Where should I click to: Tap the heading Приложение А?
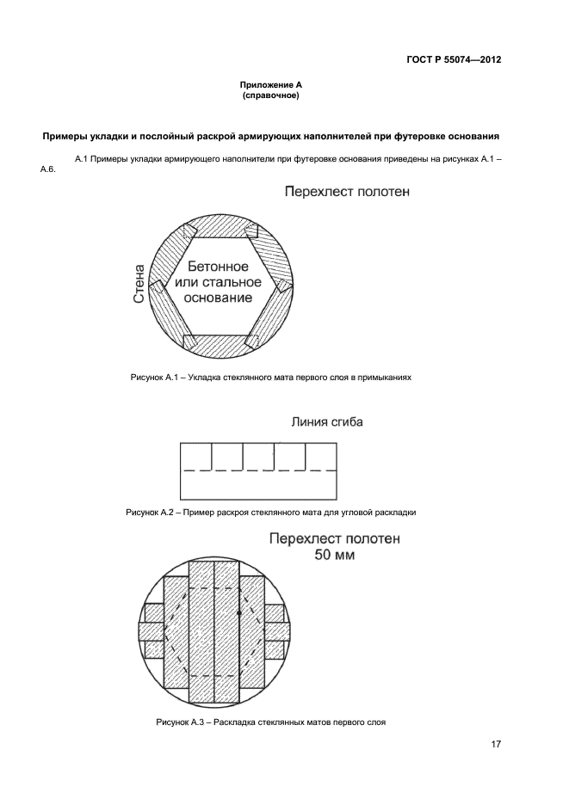270,85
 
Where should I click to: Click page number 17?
496,745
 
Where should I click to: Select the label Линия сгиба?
326,422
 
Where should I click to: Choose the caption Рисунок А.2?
270,512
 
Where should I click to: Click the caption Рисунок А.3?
270,722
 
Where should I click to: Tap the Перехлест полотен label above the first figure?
347,192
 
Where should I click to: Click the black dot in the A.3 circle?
239,612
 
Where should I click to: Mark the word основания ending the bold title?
471,137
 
